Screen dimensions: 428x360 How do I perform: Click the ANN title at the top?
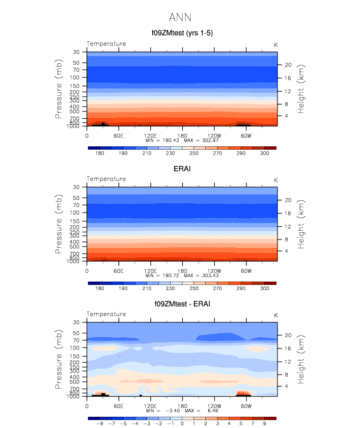[180, 18]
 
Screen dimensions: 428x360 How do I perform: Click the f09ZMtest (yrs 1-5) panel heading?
[182, 33]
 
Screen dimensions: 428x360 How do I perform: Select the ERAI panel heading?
[182, 169]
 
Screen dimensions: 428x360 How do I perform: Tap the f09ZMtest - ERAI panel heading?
[182, 304]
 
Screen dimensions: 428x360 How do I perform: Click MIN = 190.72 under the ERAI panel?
[163, 276]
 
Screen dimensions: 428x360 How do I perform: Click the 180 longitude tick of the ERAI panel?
[182, 270]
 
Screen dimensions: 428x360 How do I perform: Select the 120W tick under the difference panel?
[214, 406]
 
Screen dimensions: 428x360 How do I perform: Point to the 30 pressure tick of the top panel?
[76, 52]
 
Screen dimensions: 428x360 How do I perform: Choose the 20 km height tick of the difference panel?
[288, 335]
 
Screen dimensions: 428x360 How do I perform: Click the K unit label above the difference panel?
[276, 315]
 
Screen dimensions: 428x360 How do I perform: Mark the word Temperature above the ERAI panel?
[106, 179]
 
